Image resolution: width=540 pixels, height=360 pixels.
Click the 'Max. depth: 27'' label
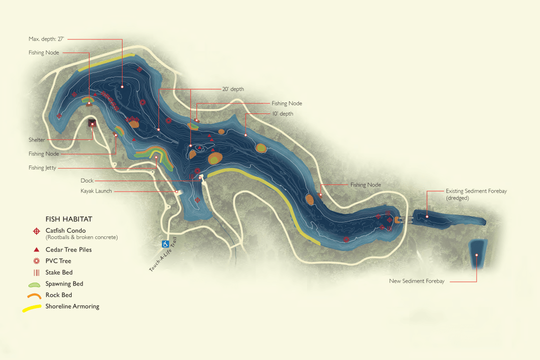(x=47, y=38)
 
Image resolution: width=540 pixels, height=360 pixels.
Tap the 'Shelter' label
(x=36, y=140)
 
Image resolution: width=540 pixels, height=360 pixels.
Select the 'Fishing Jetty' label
(x=42, y=168)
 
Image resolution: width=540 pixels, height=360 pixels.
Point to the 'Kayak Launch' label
(x=96, y=191)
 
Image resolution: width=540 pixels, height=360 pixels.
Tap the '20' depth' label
(x=233, y=89)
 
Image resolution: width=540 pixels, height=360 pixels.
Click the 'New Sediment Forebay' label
(x=416, y=281)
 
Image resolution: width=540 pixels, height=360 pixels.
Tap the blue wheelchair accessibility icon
(x=165, y=244)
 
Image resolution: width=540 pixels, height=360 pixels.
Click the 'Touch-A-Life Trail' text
(x=163, y=254)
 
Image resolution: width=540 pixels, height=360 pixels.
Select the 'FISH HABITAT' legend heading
(x=68, y=219)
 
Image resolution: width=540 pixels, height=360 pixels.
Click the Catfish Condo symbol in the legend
(x=36, y=231)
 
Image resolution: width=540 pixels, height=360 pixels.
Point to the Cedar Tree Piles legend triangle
(x=36, y=249)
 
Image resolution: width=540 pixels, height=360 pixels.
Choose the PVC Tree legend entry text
(x=58, y=261)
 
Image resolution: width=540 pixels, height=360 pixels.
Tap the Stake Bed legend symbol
(x=36, y=272)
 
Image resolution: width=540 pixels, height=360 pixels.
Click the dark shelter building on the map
(x=92, y=122)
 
